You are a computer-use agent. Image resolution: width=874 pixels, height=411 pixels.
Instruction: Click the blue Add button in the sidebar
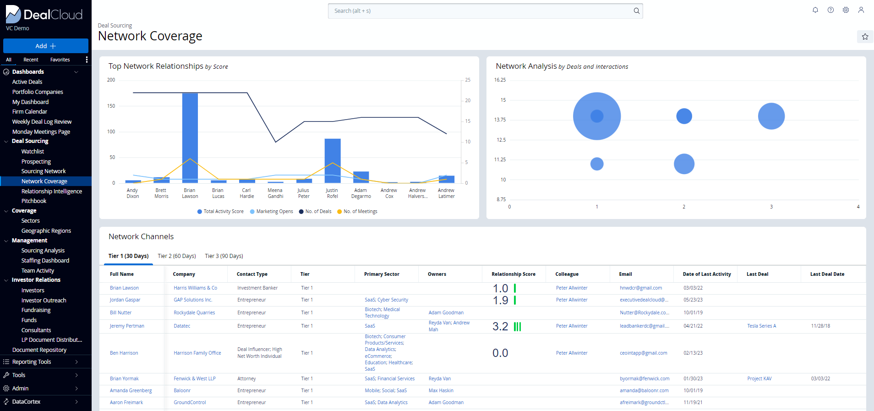pos(45,46)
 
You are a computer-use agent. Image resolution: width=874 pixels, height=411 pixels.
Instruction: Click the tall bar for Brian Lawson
pos(190,137)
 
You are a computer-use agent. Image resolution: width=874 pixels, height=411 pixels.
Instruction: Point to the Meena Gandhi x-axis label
pos(275,193)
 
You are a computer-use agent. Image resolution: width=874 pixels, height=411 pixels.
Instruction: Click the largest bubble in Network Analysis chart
pos(597,116)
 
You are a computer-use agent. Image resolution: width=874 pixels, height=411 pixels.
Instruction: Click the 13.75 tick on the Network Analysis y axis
pos(500,120)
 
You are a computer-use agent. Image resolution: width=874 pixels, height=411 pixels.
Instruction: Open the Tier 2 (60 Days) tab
pos(176,256)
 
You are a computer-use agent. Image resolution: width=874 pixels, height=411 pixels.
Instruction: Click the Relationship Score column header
pos(513,274)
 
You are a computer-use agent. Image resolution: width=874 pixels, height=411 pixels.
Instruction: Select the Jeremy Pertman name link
pos(127,326)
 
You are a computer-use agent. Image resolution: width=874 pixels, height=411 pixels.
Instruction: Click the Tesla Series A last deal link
pos(761,326)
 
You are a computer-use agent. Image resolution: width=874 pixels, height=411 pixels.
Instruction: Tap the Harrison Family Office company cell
pos(197,353)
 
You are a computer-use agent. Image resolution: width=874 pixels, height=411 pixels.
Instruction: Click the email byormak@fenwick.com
pos(644,378)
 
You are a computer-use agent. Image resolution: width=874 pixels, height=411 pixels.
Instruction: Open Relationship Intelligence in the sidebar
pos(51,191)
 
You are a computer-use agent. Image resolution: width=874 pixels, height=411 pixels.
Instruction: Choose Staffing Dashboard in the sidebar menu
pos(45,260)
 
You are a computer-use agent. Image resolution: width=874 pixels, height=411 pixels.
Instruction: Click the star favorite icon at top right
pos(865,37)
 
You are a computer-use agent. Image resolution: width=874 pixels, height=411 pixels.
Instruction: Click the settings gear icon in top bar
pos(846,10)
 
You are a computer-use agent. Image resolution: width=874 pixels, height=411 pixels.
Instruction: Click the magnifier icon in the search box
pos(636,11)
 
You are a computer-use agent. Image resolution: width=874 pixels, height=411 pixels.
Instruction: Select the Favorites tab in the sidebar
pos(60,60)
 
